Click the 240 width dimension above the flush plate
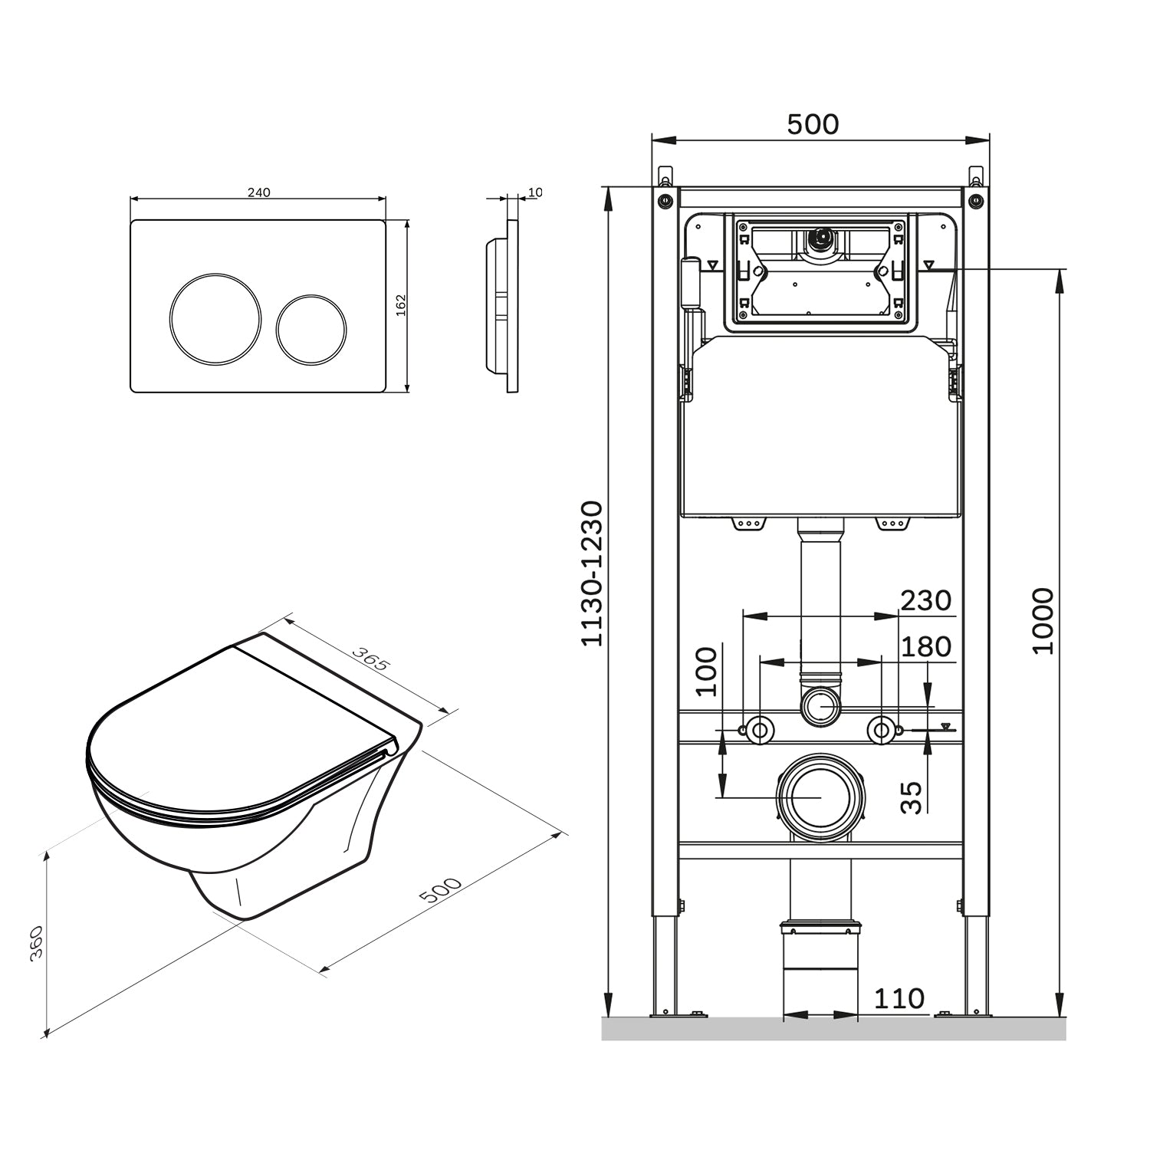tap(258, 192)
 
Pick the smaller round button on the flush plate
tap(310, 328)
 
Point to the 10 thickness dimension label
tap(534, 192)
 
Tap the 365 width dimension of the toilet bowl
tap(370, 659)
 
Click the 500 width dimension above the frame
tap(813, 124)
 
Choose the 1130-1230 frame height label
tap(592, 573)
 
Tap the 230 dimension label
tap(925, 600)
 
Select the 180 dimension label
tap(925, 646)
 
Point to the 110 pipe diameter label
tap(899, 998)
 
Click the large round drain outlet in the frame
tap(820, 797)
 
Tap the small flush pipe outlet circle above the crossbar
tap(820, 705)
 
